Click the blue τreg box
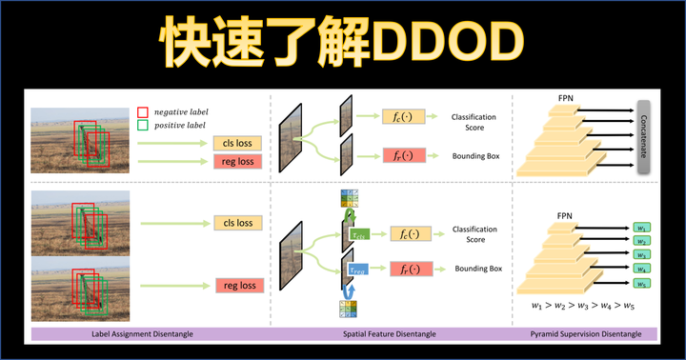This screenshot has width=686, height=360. (357, 270)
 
